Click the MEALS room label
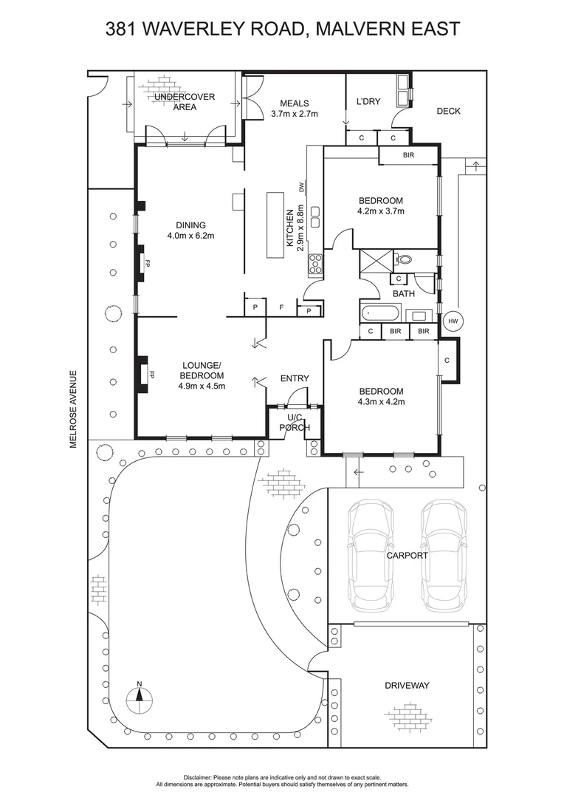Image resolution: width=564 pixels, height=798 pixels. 294,103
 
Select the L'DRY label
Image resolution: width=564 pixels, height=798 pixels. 368,101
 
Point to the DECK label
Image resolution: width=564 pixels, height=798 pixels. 448,112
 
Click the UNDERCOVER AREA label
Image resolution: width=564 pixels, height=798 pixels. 185,102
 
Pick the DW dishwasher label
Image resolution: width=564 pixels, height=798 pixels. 302,187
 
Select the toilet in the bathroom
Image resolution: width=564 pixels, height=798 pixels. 404,259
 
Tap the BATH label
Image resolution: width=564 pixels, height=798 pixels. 403,293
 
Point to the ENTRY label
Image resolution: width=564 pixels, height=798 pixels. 295,378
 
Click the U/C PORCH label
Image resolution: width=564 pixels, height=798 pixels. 289,423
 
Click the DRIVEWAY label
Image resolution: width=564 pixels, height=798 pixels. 407,686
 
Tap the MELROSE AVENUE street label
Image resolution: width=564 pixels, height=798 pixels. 73,409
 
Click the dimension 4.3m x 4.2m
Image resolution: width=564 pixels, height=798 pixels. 381,402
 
